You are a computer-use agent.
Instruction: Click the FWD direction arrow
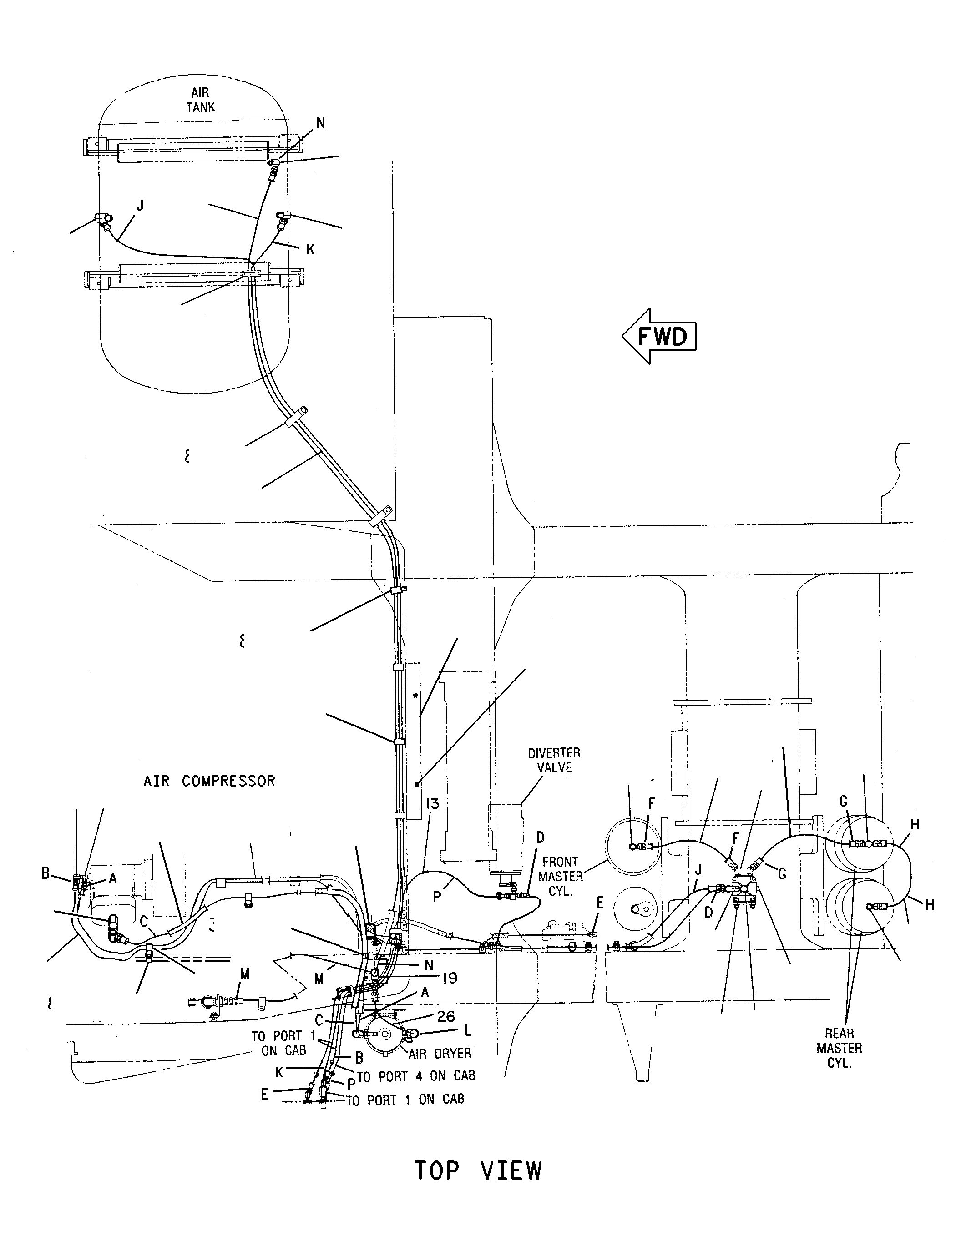(x=659, y=336)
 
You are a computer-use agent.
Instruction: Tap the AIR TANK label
(x=200, y=100)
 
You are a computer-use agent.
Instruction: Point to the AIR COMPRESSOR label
(x=209, y=781)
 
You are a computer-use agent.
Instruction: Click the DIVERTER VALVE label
(x=554, y=760)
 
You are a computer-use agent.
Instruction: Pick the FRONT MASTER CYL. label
(x=560, y=876)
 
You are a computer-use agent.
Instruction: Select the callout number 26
(x=446, y=1016)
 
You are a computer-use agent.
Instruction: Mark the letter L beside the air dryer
(x=467, y=1030)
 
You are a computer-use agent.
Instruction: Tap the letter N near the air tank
(x=321, y=122)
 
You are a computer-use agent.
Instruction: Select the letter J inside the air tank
(x=140, y=205)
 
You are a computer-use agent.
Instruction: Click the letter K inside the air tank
(x=310, y=249)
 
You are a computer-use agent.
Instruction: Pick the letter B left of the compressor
(x=46, y=873)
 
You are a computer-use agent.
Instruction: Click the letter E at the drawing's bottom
(x=264, y=1095)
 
